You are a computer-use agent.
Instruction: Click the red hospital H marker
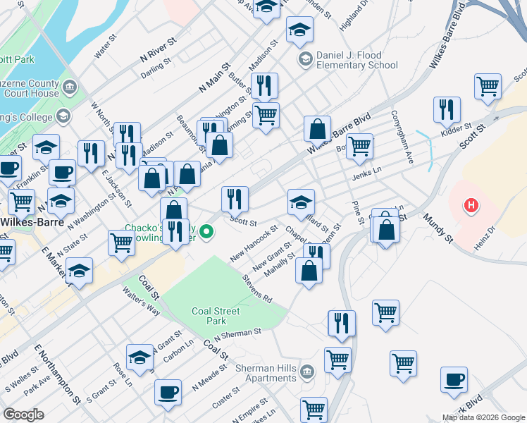click(471, 206)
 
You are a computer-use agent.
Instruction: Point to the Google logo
click(24, 415)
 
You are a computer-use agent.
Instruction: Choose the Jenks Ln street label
click(366, 171)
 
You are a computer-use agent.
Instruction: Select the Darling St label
click(156, 63)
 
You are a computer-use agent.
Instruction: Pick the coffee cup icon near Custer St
click(168, 392)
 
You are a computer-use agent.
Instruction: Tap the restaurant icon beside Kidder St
click(447, 109)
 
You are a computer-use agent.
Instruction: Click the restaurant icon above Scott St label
click(235, 199)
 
